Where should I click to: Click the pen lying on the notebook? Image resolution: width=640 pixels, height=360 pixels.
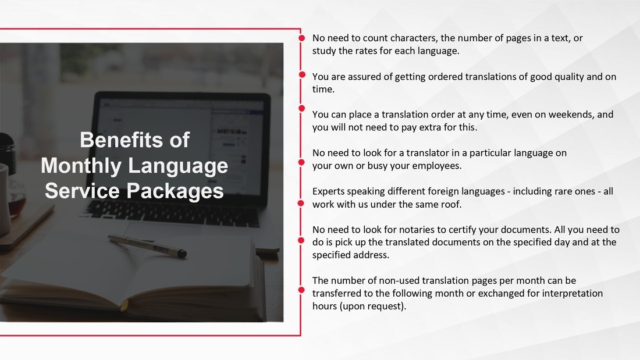[x=147, y=245]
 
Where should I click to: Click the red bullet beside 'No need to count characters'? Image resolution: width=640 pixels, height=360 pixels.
[x=301, y=38]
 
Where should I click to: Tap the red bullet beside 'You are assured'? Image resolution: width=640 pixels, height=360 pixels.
[x=302, y=74]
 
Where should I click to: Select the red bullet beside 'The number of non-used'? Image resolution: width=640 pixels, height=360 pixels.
[x=301, y=290]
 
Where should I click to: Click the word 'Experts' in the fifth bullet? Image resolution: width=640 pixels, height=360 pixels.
[x=328, y=192]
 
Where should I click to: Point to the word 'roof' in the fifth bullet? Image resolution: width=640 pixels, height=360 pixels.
[x=451, y=205]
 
